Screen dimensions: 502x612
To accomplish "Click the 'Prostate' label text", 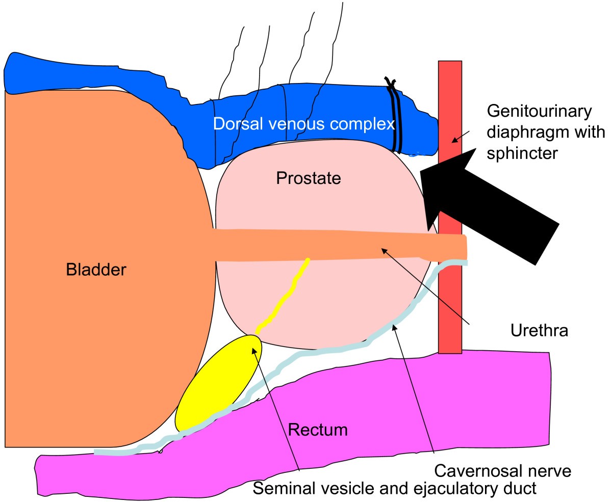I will [x=308, y=178].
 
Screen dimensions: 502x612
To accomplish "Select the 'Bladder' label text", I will [x=95, y=269].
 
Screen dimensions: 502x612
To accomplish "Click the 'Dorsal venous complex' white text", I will [x=304, y=124].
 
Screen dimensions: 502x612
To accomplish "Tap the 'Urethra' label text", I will [x=539, y=331].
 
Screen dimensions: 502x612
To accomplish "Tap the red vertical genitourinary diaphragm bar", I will [x=450, y=306].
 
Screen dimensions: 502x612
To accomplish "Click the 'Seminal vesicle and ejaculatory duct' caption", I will [x=395, y=488].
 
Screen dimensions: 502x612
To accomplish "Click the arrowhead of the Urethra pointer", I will [x=383, y=249].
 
